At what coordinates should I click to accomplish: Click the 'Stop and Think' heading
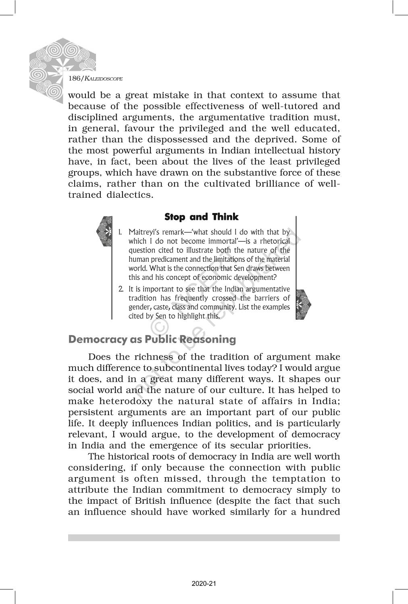click(x=201, y=217)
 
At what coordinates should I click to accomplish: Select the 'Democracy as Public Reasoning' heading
click(x=152, y=339)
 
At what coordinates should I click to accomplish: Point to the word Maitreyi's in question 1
click(x=141, y=232)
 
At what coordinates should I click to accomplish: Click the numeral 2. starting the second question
click(x=121, y=289)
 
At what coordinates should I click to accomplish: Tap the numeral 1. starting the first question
click(x=120, y=232)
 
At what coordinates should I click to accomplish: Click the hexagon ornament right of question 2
click(x=303, y=304)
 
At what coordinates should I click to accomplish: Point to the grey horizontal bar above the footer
click(x=204, y=538)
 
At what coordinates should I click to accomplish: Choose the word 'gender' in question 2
click(x=138, y=307)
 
